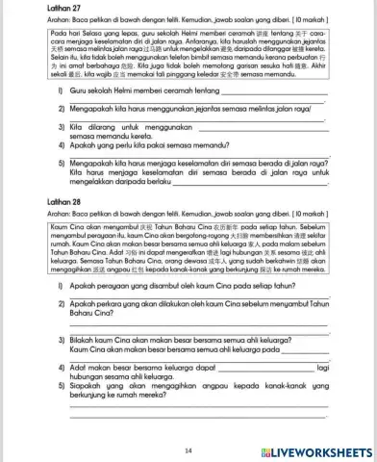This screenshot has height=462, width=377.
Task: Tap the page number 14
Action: point(188,449)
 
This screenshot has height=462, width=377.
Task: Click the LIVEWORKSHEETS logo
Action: point(318,450)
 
